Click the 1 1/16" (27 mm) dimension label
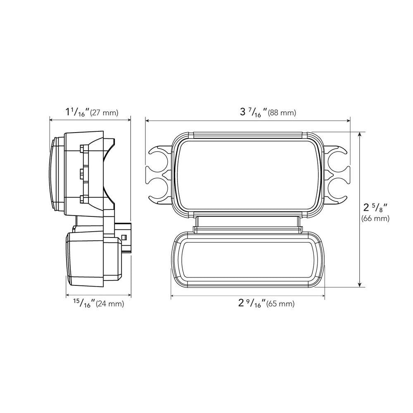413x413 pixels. click(92, 112)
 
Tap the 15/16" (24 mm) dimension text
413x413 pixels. click(98, 304)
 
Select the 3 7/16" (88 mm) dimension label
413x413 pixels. click(268, 112)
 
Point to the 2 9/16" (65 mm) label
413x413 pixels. click(266, 304)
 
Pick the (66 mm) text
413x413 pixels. click(375, 218)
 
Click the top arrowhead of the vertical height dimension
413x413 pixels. click(360, 134)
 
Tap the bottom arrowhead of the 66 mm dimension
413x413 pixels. click(360, 284)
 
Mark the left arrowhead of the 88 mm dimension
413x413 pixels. click(148, 121)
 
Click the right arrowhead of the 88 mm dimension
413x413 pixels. click(348, 121)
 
